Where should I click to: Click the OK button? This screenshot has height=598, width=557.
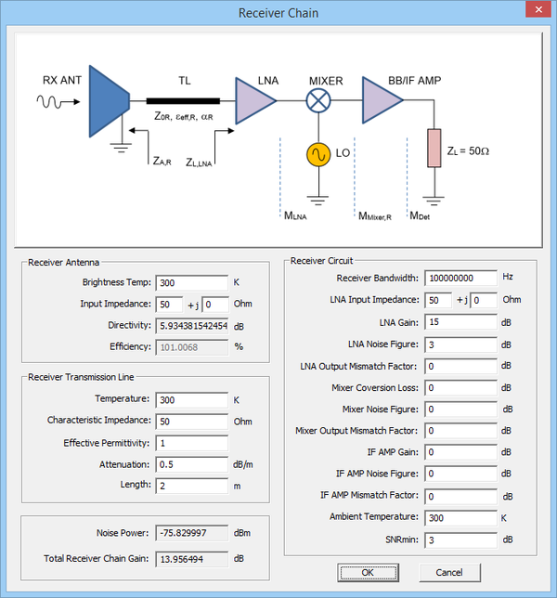(x=368, y=572)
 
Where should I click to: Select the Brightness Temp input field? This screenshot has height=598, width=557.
(x=191, y=282)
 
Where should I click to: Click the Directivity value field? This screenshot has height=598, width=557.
(x=191, y=325)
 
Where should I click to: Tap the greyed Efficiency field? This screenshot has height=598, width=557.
(x=191, y=346)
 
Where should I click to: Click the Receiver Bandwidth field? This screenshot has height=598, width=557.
(x=460, y=278)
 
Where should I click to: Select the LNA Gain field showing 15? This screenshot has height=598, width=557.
(x=460, y=322)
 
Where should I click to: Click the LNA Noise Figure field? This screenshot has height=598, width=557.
(x=460, y=344)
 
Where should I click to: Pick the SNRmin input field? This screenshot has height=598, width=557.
(x=460, y=539)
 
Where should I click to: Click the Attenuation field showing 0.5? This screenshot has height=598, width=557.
(x=191, y=463)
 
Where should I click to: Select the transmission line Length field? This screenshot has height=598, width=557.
(x=191, y=485)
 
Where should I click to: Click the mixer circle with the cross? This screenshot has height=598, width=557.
(x=319, y=100)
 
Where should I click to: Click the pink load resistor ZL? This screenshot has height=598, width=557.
(x=433, y=149)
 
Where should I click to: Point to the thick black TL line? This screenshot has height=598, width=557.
(x=184, y=100)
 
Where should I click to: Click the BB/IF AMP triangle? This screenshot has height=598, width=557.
(x=380, y=100)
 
